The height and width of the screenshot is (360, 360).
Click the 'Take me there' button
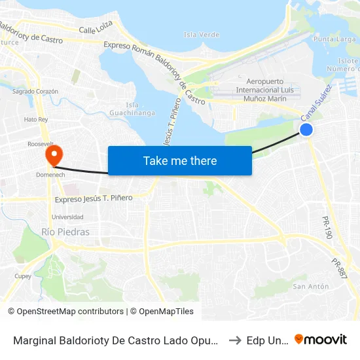[x=180, y=160]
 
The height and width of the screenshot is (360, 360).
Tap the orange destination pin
[x=52, y=154]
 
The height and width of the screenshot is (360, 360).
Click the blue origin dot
[x=306, y=130]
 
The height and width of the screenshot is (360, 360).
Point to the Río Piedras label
[x=65, y=232]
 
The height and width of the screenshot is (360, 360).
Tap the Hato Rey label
[x=36, y=120]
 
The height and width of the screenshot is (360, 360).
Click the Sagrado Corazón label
[x=36, y=92]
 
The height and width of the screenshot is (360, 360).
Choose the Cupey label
[x=24, y=276]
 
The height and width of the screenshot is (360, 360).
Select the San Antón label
[x=310, y=287]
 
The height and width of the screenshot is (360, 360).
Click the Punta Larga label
[x=334, y=39]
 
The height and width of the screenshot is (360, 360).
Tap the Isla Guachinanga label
[x=141, y=109]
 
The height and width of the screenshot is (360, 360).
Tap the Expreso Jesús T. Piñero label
[x=94, y=198]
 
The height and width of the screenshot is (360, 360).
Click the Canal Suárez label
[x=316, y=101]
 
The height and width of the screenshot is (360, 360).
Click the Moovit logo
[x=320, y=339]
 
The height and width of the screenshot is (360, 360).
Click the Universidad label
[x=67, y=217]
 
